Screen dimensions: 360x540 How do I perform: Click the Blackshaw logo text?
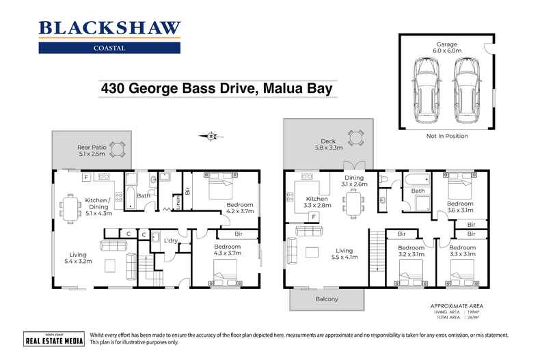click(109, 28)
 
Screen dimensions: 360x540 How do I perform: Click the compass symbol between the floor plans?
click(212, 136)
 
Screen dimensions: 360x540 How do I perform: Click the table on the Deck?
click(355, 137)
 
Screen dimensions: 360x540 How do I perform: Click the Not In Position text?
click(447, 136)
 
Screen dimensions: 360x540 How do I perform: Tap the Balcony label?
click(327, 299)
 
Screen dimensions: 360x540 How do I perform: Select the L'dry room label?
click(171, 240)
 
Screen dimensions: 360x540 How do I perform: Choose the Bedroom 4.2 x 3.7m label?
click(239, 208)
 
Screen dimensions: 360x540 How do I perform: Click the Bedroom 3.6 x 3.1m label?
click(460, 207)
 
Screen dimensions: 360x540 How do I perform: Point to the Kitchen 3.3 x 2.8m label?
click(319, 202)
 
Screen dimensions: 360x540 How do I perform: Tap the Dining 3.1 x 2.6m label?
click(355, 180)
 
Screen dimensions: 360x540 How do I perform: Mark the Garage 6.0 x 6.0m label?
click(448, 46)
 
